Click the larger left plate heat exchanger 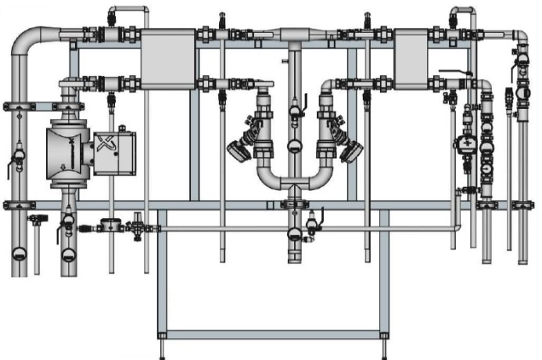click(x=167, y=59)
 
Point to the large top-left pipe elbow click(x=27, y=38)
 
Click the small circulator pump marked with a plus click(x=467, y=143)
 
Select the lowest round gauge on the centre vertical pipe click(x=293, y=232)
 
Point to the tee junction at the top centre click(x=293, y=35)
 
